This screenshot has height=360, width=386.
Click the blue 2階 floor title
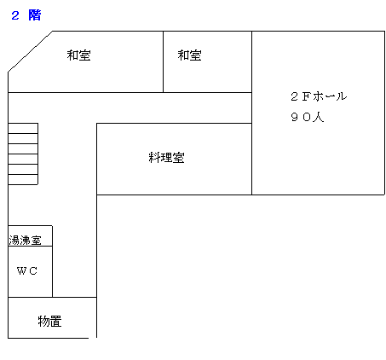[x=26, y=15]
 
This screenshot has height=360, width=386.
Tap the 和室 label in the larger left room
[x=79, y=55]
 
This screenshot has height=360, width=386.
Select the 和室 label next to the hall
[x=190, y=55]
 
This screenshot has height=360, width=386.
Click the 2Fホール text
[x=319, y=96]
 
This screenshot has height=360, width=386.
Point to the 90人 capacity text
[x=308, y=117]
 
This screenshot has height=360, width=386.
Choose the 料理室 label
[x=166, y=158]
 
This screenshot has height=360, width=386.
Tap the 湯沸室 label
[x=25, y=241]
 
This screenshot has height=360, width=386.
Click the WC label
[x=27, y=270]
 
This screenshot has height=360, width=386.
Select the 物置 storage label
[x=50, y=322]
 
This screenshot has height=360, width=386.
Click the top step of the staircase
[x=23, y=128]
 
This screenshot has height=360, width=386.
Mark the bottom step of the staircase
[x=23, y=179]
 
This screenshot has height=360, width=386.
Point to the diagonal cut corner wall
[x=30, y=51]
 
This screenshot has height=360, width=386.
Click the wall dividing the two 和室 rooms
[x=164, y=61]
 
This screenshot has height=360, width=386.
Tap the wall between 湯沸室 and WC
[x=31, y=246]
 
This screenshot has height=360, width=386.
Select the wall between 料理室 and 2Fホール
[x=252, y=159]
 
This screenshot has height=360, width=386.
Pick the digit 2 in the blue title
[x=15, y=15]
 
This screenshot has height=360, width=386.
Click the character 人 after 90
[x=319, y=117]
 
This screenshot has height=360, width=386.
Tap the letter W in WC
[x=21, y=270]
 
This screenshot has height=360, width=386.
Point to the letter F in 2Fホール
[x=306, y=96]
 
